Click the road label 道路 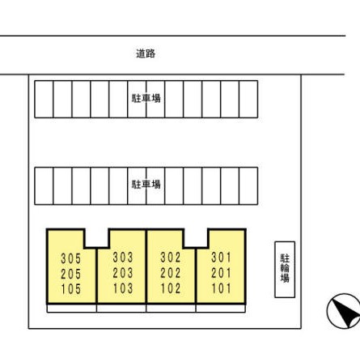[x=146, y=53]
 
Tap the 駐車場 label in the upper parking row [x=146, y=98]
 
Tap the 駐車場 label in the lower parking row [x=146, y=185]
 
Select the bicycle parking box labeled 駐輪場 [x=285, y=270]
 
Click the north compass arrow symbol [x=344, y=311]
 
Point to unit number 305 [x=71, y=258]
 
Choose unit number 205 [x=71, y=275]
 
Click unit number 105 [x=71, y=289]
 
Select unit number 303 [x=123, y=258]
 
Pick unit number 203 [x=123, y=273]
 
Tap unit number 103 [x=123, y=288]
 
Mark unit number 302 [x=171, y=258]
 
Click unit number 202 [x=171, y=273]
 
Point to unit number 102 [x=171, y=288]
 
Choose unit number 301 [x=221, y=258]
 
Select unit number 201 [x=221, y=273]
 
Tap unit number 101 [x=221, y=288]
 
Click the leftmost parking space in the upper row [x=44, y=100]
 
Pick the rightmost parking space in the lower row [x=248, y=186]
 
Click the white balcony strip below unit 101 [x=221, y=309]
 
